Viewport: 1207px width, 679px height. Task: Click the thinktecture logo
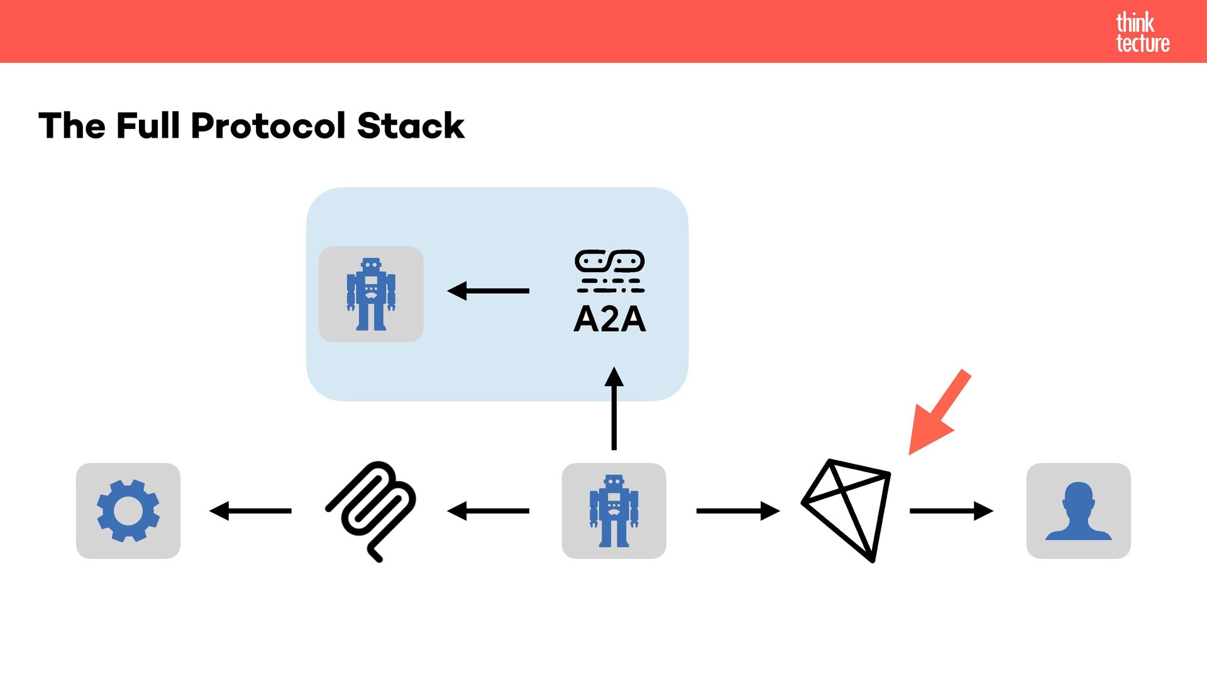click(1142, 32)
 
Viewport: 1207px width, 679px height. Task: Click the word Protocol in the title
click(268, 126)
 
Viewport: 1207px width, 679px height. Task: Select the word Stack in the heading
click(411, 126)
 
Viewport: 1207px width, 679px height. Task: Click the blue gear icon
click(128, 511)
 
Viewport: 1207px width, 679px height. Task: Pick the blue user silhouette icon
click(1078, 511)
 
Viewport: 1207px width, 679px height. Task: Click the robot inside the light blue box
click(371, 294)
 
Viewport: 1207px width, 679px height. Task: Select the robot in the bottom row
click(614, 511)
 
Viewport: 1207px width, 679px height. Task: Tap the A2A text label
click(609, 319)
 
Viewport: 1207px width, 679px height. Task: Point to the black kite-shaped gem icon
click(846, 509)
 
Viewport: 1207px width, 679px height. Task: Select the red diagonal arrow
click(939, 412)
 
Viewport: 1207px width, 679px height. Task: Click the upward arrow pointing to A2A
click(614, 409)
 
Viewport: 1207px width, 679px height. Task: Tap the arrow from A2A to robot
click(488, 290)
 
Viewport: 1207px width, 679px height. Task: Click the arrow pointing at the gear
click(250, 511)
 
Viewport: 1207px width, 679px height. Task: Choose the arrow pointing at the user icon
click(951, 511)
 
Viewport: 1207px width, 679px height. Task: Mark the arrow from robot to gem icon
click(738, 511)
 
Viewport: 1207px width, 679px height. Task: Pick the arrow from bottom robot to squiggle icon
click(488, 511)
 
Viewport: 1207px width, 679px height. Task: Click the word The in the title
click(72, 126)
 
